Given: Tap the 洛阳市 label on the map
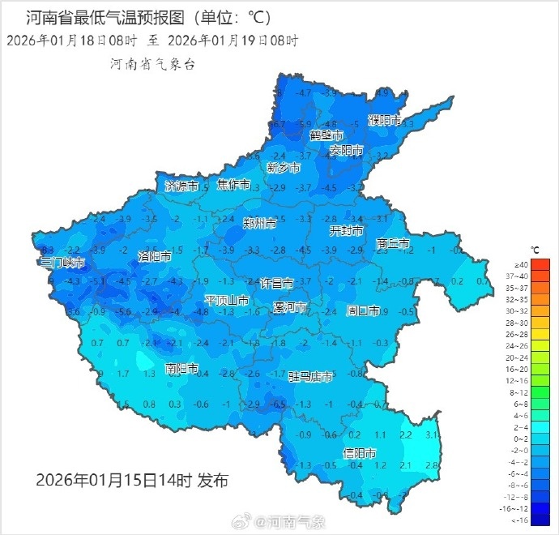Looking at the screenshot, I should point(155,256).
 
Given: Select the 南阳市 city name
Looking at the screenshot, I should point(182,369).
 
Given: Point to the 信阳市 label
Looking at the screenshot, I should point(360,452).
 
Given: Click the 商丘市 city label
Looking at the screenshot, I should point(393,243).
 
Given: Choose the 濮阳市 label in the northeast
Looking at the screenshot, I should point(385,120).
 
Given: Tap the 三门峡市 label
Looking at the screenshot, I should point(62,263).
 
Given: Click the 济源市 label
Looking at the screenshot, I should point(181,186).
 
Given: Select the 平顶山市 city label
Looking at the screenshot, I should point(226,300).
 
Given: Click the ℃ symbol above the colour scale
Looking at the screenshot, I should point(535,250).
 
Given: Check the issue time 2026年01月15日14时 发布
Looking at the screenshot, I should point(132,481).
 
